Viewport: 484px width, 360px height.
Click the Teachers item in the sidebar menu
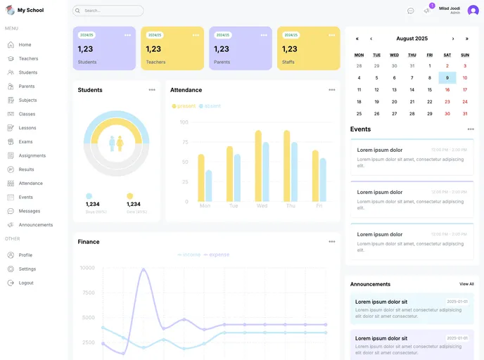pyautogui.click(x=28, y=58)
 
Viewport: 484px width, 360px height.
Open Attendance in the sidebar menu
pyautogui.click(x=30, y=184)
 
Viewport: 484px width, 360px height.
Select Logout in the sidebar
pyautogui.click(x=26, y=283)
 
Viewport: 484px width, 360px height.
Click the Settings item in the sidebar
pyautogui.click(x=27, y=269)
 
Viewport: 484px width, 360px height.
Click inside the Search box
pyautogui.click(x=109, y=11)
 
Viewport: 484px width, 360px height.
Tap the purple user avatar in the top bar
pyautogui.click(x=473, y=11)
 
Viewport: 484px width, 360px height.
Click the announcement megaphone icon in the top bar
pyautogui.click(x=426, y=11)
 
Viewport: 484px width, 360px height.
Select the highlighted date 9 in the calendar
pyautogui.click(x=447, y=78)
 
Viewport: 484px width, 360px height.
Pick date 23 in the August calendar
pyautogui.click(x=447, y=102)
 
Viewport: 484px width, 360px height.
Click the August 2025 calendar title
pyautogui.click(x=412, y=39)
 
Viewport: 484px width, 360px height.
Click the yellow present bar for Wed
pyautogui.click(x=258, y=166)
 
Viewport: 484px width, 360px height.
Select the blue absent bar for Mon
pyautogui.click(x=208, y=186)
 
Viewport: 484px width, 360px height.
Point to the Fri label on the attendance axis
pyautogui.click(x=319, y=206)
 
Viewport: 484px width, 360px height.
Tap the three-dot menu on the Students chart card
pyautogui.click(x=152, y=90)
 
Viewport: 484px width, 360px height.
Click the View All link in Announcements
pyautogui.click(x=466, y=284)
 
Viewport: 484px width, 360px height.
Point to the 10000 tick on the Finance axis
pyautogui.click(x=87, y=268)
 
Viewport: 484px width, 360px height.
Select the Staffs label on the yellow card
pyautogui.click(x=288, y=62)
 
